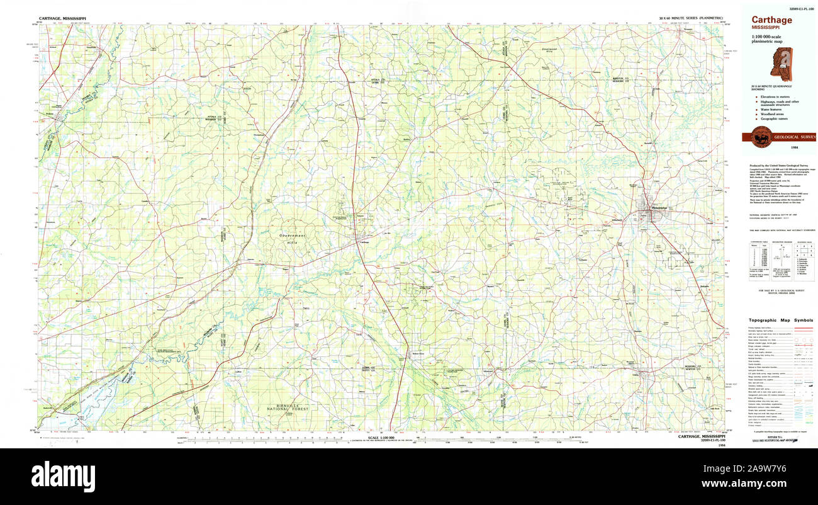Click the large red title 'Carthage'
coord(771,20)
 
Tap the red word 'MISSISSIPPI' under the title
coord(766,28)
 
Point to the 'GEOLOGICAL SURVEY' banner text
coord(794,137)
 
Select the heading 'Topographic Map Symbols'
coord(781,320)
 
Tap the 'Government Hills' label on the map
coord(293,237)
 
